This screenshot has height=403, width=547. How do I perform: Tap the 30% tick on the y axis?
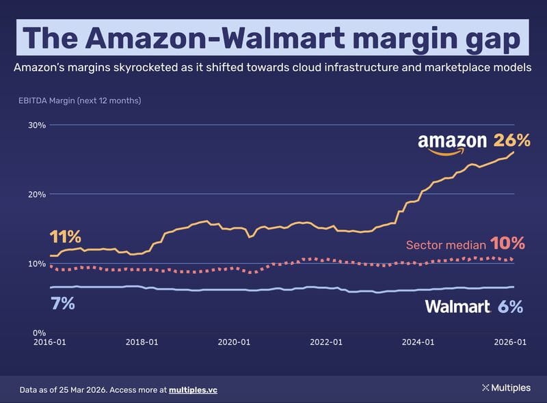point(37,125)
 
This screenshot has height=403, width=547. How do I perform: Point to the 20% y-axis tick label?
point(37,194)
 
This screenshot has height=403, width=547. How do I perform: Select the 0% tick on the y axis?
point(39,333)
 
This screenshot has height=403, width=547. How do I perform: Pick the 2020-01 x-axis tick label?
point(234,342)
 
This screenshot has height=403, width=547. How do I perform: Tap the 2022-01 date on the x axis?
point(325,342)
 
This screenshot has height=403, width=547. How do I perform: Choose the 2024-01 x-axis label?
point(418,342)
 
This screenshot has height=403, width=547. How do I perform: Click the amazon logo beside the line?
point(453,143)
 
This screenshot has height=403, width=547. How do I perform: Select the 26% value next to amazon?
point(512,141)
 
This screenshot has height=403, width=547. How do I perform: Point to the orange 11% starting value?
point(66,237)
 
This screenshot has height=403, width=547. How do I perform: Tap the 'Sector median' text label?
point(446,245)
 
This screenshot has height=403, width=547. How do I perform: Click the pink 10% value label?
point(507,244)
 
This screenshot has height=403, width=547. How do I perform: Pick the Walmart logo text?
point(457,307)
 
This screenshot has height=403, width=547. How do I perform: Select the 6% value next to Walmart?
point(510,307)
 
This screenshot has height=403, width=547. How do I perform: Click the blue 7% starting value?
point(62,303)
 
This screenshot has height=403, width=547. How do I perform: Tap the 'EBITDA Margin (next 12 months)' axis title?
point(80,101)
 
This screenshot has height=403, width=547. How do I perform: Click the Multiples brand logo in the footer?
point(506,388)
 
